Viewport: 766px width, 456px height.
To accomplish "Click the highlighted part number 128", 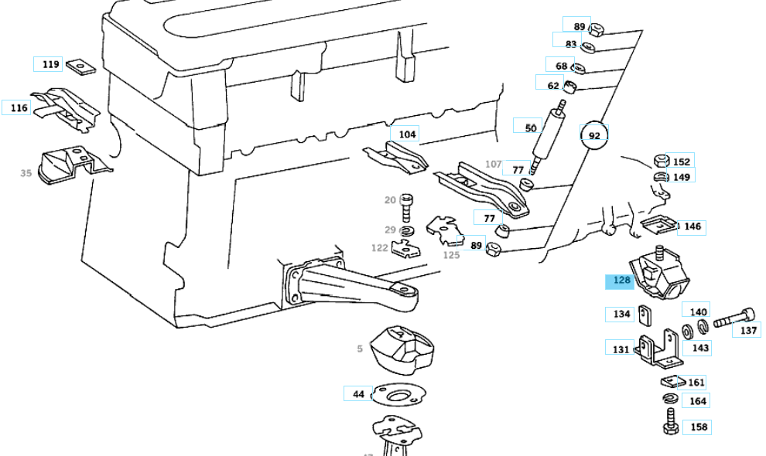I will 622,281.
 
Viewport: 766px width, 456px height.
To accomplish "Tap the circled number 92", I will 594,136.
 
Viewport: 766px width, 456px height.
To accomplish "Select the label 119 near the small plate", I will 51,64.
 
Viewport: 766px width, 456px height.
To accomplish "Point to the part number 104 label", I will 407,134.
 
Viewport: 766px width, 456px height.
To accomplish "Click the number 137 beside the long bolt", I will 748,330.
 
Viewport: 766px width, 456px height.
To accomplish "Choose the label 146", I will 692,226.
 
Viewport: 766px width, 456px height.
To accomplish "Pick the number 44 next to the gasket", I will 358,394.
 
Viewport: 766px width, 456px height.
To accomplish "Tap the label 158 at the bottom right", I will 699,427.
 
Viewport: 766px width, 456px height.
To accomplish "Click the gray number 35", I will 26,173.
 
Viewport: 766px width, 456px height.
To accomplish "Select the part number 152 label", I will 681,162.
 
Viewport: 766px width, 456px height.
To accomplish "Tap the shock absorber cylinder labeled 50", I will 552,131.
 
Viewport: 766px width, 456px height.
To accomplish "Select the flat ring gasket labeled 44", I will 399,395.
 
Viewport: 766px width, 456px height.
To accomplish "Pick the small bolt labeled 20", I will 409,206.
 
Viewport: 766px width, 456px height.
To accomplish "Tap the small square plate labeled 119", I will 77,66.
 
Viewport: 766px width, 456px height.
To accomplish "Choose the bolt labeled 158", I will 670,421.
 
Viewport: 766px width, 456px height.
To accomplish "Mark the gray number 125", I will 451,255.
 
